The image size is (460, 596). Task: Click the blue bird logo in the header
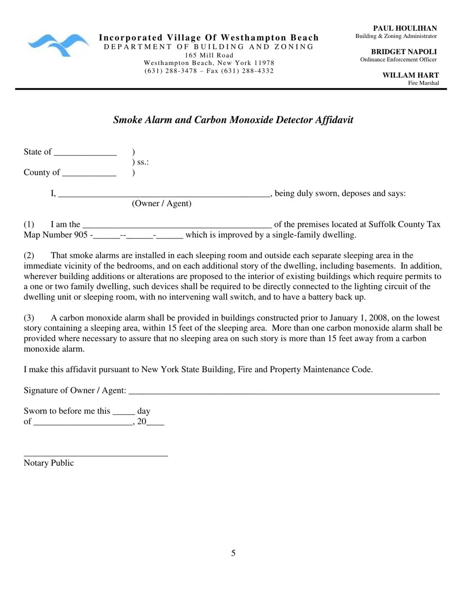tap(59, 45)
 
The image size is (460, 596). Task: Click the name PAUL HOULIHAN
tap(405, 29)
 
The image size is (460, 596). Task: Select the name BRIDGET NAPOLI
tap(404, 52)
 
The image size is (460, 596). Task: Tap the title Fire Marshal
tap(423, 83)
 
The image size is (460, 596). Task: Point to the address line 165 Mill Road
tap(209, 55)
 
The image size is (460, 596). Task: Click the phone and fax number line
tap(209, 71)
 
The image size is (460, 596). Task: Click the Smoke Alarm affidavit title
tap(233, 120)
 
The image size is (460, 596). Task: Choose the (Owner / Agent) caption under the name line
tap(161, 204)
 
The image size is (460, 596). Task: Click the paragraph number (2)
tap(29, 255)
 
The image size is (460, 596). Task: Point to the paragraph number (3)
tap(29, 318)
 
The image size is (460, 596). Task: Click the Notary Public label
tap(49, 463)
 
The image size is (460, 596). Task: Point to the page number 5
tap(233, 553)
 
